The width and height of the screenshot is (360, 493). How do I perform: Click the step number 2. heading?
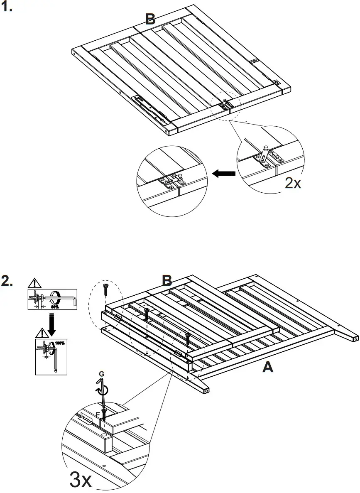pos(8,281)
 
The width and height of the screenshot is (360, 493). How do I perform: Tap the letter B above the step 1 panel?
pos(150,19)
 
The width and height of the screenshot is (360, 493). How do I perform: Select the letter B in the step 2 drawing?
pos(167,281)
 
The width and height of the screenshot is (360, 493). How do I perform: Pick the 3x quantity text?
pos(81,480)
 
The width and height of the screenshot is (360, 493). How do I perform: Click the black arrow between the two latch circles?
pos(224,174)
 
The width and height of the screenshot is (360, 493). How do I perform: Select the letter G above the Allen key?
pos(101,374)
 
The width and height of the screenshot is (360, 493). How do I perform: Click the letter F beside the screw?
pos(98,414)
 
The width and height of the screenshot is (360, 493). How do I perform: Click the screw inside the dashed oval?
pos(106,288)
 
